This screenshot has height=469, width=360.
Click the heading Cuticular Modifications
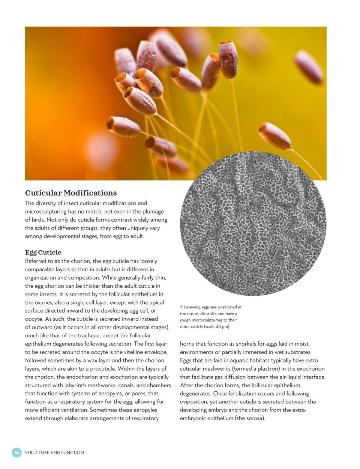coord(71,193)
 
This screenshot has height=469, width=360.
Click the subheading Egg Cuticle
coord(43,252)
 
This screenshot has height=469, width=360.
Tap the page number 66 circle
coord(16,452)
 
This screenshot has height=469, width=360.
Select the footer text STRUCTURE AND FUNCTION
coord(54,452)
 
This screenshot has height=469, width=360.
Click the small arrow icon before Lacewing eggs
coord(181,307)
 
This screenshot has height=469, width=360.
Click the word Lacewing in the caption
coord(192,307)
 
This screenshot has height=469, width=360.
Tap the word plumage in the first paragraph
coord(152,211)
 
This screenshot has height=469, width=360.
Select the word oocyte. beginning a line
coord(34,319)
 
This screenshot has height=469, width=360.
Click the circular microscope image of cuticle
coord(253,224)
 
